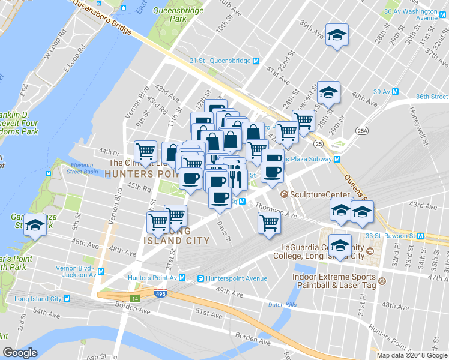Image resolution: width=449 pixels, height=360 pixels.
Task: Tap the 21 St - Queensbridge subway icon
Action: [256, 61]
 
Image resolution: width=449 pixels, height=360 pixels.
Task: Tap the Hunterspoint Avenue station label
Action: [236, 278]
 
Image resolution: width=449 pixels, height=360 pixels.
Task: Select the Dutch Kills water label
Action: [283, 305]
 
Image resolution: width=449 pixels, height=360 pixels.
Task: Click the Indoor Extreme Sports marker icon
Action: [381, 277]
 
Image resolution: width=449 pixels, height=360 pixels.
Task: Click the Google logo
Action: [20, 353]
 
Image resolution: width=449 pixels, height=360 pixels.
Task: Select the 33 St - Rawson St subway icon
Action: [423, 236]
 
